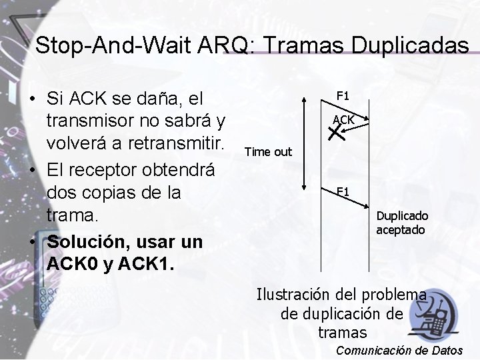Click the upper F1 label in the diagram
[x=343, y=95]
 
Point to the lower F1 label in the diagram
[x=343, y=192]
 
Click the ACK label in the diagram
[x=343, y=120]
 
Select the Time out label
[x=269, y=151]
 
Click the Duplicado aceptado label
[x=402, y=223]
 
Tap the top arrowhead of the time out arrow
[x=304, y=99]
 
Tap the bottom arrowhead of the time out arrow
[x=304, y=188]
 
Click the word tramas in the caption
[x=342, y=331]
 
